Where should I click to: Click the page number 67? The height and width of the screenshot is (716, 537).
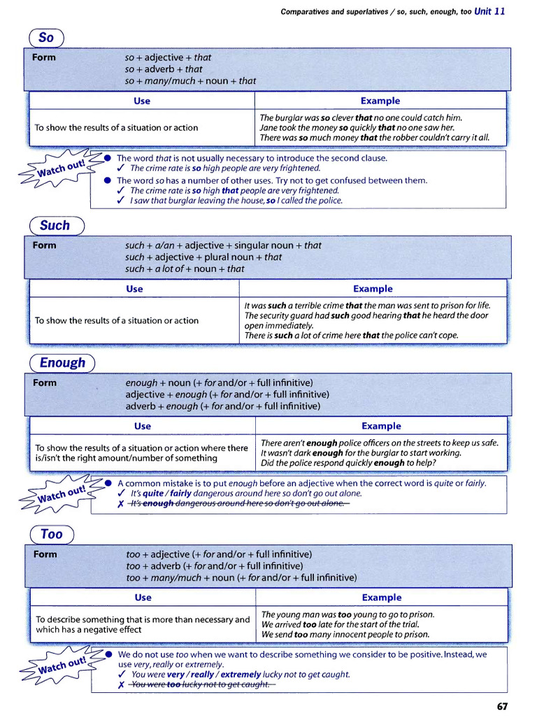click(502, 706)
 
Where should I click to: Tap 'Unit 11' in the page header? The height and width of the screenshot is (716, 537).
click(489, 11)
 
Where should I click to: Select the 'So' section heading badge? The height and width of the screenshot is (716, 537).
click(46, 38)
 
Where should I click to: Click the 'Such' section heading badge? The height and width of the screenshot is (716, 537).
click(55, 226)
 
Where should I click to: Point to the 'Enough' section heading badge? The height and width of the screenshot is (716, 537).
click(62, 363)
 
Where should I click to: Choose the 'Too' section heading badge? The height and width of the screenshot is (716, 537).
click(51, 534)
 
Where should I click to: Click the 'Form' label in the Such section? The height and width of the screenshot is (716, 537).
click(45, 245)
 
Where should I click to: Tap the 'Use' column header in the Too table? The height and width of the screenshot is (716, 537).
click(143, 597)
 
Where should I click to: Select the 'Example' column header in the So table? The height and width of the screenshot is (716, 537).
click(380, 101)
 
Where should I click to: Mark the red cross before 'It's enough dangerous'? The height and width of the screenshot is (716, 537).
click(121, 504)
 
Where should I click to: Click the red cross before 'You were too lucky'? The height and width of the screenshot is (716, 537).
click(121, 685)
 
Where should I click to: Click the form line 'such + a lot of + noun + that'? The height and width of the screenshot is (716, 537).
click(185, 268)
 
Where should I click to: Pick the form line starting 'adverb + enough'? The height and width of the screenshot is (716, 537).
click(222, 406)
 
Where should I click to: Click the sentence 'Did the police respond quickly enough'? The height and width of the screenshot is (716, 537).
click(348, 463)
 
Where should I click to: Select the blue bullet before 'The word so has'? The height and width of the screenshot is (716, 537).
click(108, 180)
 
